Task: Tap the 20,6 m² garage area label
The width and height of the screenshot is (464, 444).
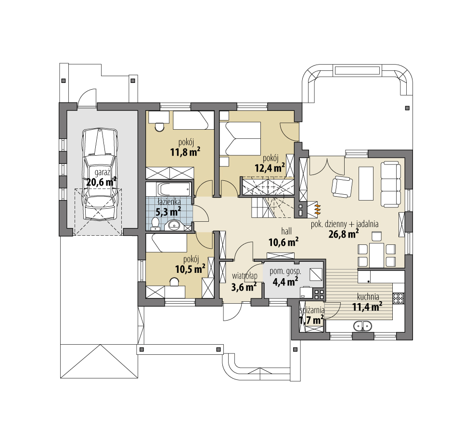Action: tap(101, 181)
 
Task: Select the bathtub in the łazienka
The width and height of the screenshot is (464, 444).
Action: tap(173, 189)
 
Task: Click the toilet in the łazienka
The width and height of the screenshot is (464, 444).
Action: tap(155, 224)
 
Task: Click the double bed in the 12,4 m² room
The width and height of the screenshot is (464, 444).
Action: tap(240, 138)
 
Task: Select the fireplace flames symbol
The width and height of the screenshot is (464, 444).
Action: tap(317, 208)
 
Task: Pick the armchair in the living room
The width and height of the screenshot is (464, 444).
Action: tap(342, 187)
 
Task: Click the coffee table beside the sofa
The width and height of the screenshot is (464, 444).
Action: tap(366, 184)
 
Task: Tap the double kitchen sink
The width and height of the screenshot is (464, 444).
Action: tap(362, 326)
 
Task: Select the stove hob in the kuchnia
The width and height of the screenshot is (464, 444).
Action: tap(399, 298)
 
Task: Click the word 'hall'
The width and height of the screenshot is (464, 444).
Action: tap(286, 231)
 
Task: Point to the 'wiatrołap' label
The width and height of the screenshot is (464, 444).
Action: tap(245, 276)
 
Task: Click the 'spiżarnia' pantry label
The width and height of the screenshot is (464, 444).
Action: tap(312, 310)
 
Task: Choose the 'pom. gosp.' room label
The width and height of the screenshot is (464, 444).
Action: tap(285, 271)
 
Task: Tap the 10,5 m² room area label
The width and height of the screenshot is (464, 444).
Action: tap(190, 269)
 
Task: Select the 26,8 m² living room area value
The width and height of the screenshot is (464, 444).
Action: tap(344, 234)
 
